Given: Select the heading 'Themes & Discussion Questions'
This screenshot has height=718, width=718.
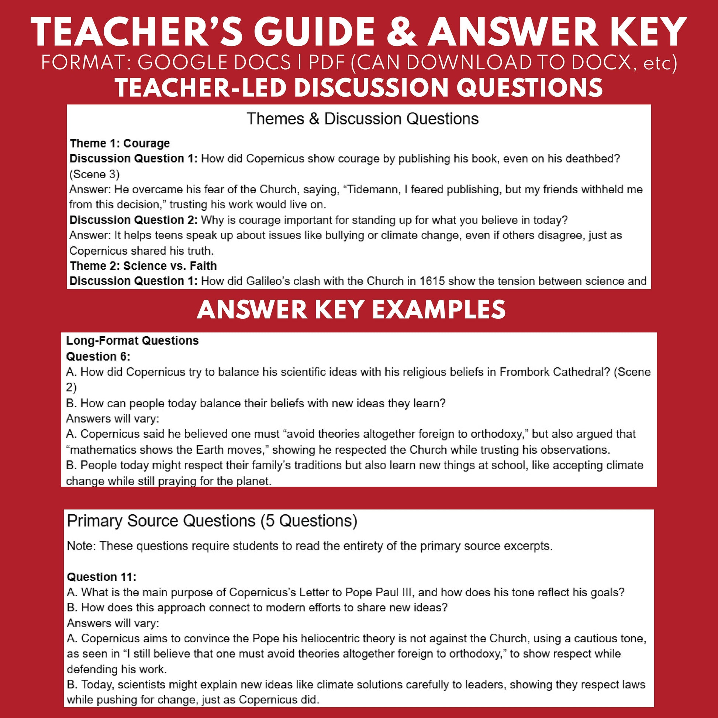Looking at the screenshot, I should coord(362,119).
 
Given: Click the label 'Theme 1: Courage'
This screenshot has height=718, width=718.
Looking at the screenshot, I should coord(120,143).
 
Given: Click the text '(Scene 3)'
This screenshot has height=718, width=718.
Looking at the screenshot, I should coord(94,174).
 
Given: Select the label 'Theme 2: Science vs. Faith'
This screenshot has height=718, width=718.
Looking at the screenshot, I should coord(143,266).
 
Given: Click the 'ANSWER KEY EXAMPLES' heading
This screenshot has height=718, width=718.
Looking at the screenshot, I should coord(351,310).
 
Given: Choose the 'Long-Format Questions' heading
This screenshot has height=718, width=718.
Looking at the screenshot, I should coord(132,341).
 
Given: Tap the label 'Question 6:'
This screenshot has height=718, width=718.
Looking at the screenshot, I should coord(98,356).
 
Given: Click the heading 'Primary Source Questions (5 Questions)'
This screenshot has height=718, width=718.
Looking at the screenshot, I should coord(212,521).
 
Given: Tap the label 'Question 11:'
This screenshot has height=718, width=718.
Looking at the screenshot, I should coord(101,577).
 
